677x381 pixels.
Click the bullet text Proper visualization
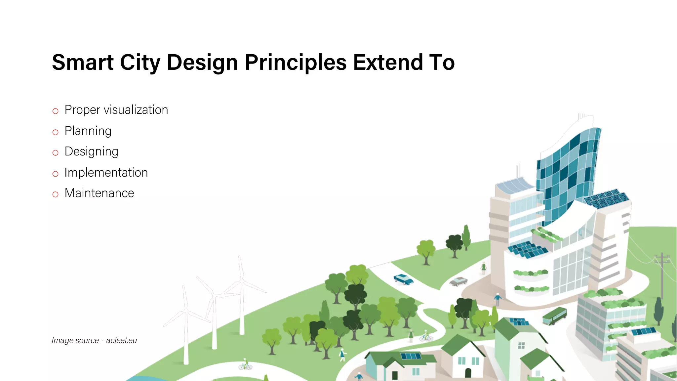116,110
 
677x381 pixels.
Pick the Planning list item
88,131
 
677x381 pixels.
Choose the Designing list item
91,151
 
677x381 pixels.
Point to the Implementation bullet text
106,173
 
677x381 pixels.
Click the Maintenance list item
99,193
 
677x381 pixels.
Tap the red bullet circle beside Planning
56,132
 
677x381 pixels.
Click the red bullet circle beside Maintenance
56,194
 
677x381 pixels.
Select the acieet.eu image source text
121,340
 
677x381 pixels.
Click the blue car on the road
403,279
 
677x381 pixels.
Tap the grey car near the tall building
458,281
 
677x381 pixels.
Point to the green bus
554,316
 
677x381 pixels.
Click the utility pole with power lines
662,275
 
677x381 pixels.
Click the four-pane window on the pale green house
521,346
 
